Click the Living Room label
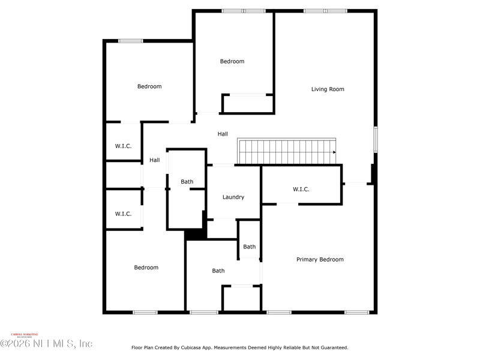click(328, 89)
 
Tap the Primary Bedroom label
click(320, 260)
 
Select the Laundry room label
click(233, 197)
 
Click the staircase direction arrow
click(334, 152)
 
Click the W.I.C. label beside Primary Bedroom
click(301, 190)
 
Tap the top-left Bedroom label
click(149, 87)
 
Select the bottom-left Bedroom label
click(146, 268)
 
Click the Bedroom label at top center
click(232, 62)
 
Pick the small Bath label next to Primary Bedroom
click(250, 247)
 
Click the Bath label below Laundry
click(218, 271)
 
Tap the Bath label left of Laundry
click(187, 182)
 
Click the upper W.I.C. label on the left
click(124, 146)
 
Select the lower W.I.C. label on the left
click(124, 214)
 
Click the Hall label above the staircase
click(223, 134)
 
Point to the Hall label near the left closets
click(155, 160)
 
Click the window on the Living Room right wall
click(376, 139)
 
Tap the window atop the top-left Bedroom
click(130, 41)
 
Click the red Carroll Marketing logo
click(25, 335)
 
